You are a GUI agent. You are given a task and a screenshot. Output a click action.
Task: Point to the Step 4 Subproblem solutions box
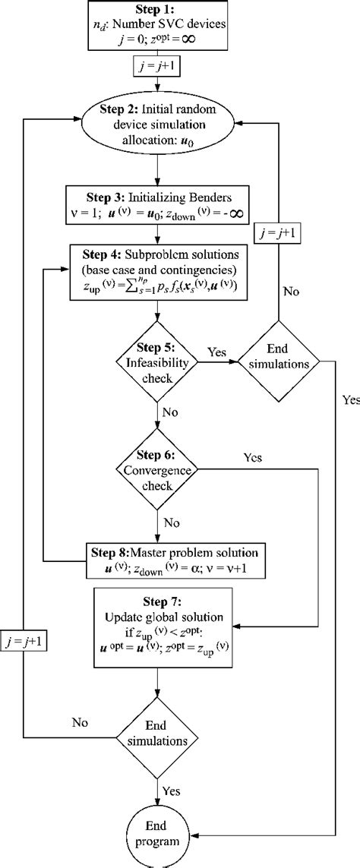(x=158, y=270)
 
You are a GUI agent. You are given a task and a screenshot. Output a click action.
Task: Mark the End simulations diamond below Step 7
(x=157, y=734)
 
